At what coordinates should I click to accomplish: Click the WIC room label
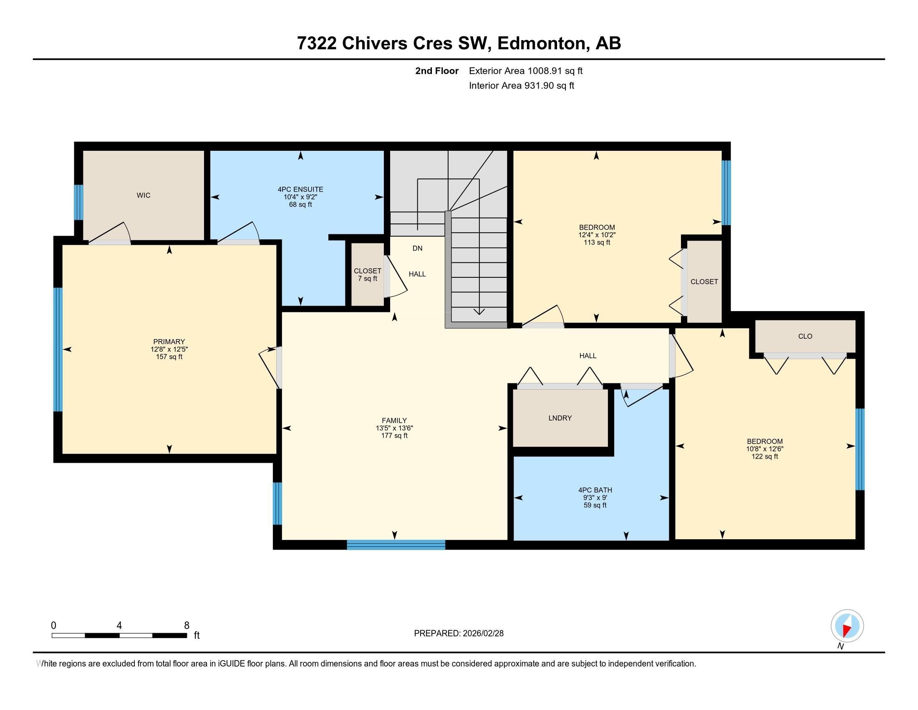click(x=143, y=195)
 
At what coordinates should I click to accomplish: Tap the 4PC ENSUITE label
click(x=300, y=189)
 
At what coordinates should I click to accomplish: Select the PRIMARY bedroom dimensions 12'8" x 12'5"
click(x=169, y=349)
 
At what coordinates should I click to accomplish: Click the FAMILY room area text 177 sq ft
click(x=394, y=435)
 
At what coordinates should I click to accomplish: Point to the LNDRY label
click(x=560, y=418)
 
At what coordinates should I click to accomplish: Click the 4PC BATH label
click(x=595, y=490)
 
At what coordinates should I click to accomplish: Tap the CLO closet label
click(x=805, y=336)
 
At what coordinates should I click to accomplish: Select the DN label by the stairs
click(x=417, y=248)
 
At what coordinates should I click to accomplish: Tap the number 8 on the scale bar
click(x=187, y=625)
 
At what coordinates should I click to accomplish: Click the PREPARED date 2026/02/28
click(x=482, y=633)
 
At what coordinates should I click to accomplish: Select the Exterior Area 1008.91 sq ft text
click(x=525, y=71)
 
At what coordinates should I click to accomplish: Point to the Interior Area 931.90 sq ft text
click(x=521, y=85)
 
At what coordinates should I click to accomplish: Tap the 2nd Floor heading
click(x=436, y=71)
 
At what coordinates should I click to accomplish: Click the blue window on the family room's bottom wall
click(x=396, y=545)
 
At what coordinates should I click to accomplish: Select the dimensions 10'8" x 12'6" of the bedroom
click(x=764, y=449)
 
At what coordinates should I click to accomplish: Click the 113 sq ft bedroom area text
click(x=596, y=242)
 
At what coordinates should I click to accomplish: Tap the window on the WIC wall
click(x=78, y=202)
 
